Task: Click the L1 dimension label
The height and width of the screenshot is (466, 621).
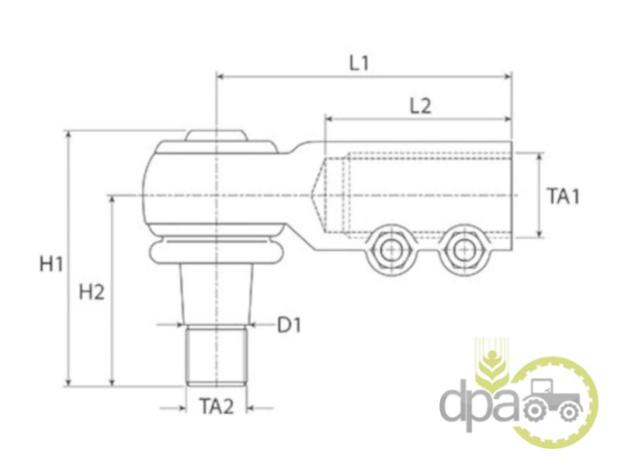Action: [359, 64]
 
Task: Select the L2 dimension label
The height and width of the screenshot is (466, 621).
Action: [420, 106]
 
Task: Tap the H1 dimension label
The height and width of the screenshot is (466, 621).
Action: [51, 264]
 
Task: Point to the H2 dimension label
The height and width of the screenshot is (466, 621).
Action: [92, 293]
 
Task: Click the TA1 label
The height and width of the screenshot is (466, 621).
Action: [564, 196]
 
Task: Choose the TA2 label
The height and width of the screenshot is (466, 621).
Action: [217, 406]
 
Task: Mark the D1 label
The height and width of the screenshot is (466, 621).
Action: [289, 325]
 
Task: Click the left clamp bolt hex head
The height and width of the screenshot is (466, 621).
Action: [391, 249]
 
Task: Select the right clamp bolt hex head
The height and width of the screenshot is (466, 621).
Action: [463, 249]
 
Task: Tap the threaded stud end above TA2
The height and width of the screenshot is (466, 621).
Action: [217, 355]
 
